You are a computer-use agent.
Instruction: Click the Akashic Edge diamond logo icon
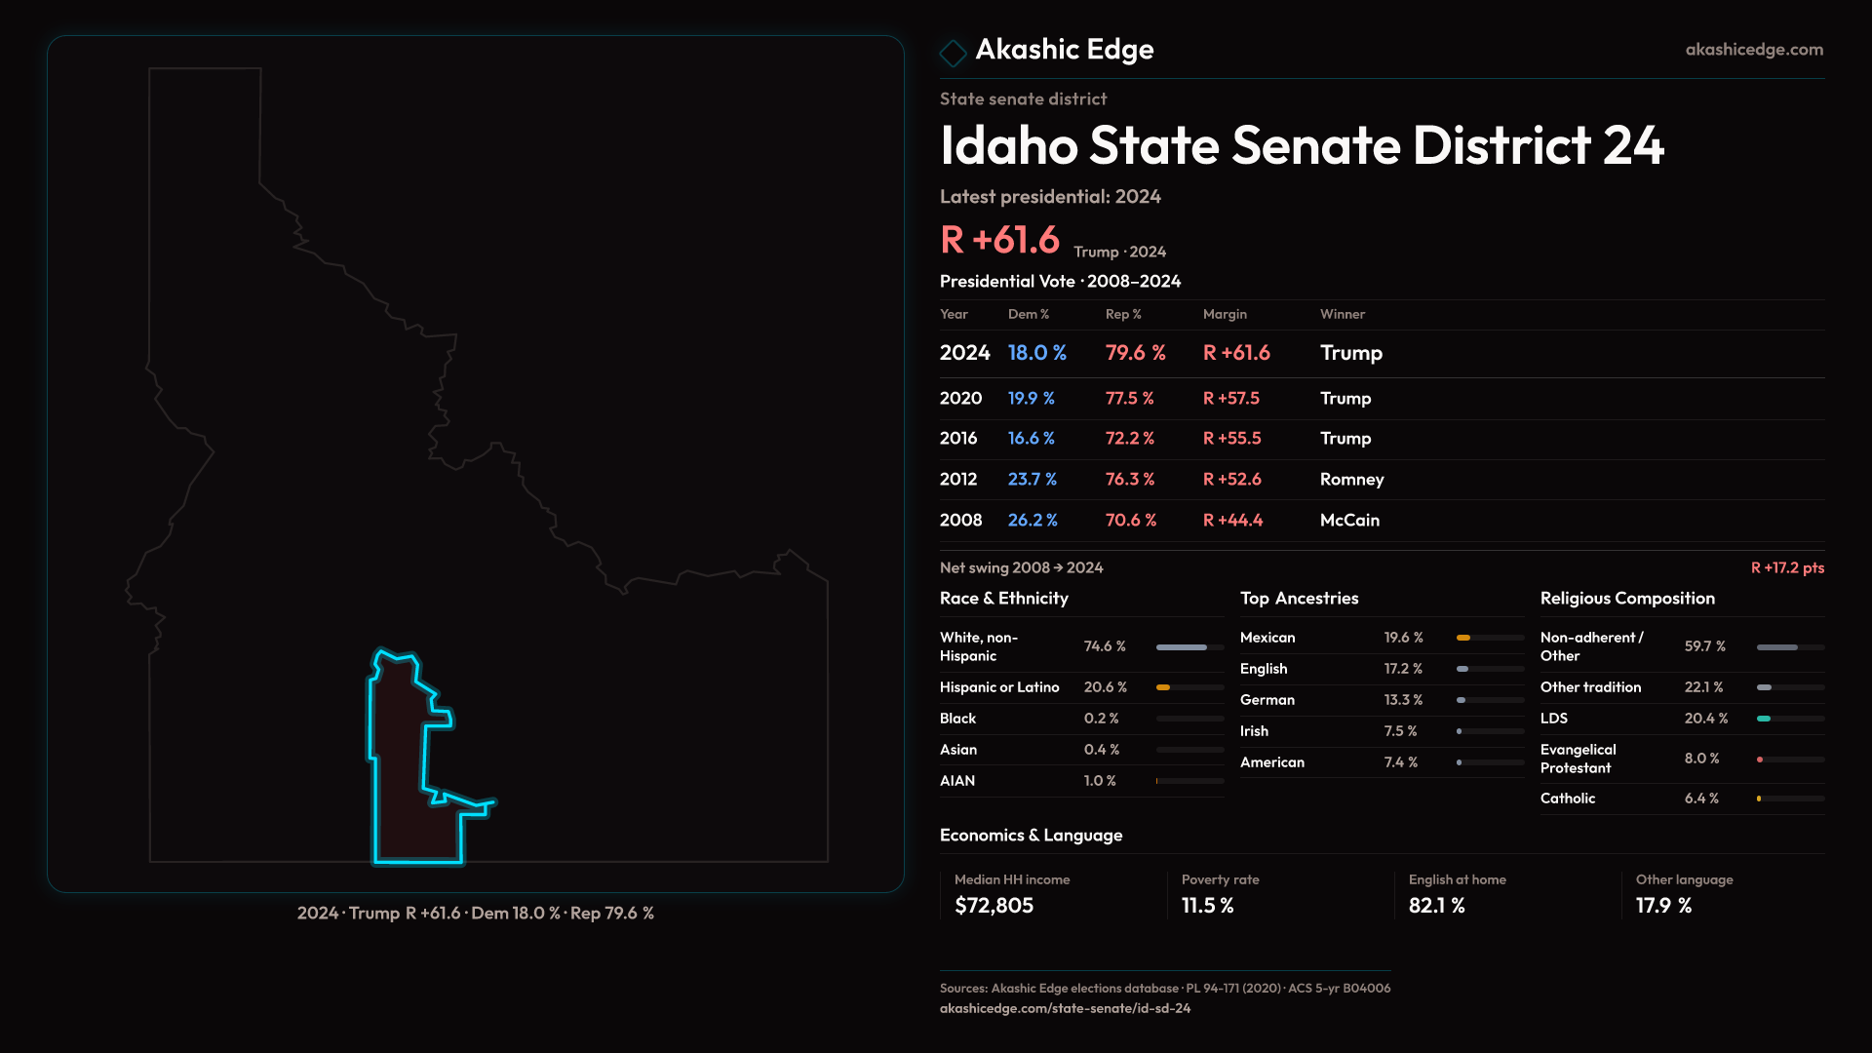pos(953,53)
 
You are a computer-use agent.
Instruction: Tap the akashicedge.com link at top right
pos(1754,50)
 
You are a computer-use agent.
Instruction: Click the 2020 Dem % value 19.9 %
pos(1031,399)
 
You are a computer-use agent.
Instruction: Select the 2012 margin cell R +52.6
pos(1231,480)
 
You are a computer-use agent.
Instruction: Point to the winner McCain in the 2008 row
pos(1349,521)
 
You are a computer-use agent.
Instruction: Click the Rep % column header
pos(1122,314)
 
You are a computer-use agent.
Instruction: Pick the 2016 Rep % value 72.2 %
pos(1129,439)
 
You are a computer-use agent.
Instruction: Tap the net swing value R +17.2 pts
pos(1787,567)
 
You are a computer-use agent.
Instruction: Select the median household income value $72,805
pos(994,906)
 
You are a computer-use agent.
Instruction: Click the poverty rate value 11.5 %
pos(1207,906)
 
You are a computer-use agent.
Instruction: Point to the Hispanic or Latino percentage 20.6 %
pos(1105,687)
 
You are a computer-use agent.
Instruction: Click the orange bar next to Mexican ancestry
pos(1463,638)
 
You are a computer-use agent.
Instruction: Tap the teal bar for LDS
pos(1764,719)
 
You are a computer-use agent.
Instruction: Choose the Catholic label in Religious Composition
pos(1567,799)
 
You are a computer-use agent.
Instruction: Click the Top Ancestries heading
pos(1299,599)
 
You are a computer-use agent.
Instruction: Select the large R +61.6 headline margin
pos(999,240)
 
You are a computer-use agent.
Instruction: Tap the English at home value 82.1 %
pos(1436,906)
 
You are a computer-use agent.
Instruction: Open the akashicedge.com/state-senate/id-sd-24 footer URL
pos(1065,1008)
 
